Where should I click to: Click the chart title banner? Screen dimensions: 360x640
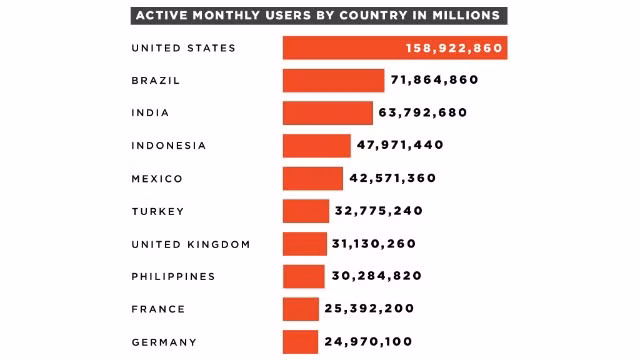point(318,16)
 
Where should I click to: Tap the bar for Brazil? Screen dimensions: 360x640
point(333,80)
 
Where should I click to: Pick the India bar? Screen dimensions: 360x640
point(327,113)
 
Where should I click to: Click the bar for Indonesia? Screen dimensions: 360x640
point(316,146)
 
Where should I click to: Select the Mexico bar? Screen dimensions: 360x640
point(312,178)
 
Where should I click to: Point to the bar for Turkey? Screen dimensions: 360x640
point(305,211)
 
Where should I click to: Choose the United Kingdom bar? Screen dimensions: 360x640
point(304,244)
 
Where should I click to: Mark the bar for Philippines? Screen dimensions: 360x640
point(303,276)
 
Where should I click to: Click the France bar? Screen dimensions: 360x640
point(300,309)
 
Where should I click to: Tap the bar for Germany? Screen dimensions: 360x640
point(300,342)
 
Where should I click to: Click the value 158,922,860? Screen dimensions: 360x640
point(454,48)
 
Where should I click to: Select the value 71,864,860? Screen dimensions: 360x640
point(434,80)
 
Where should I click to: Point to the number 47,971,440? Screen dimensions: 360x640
point(400,146)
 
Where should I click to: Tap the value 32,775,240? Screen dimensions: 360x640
point(379,211)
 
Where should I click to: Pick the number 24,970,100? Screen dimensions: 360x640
point(368,342)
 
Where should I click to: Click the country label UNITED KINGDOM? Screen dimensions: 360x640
point(191,244)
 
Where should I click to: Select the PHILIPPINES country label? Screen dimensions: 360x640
point(173,276)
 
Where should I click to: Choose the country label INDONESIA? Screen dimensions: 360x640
point(168,146)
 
